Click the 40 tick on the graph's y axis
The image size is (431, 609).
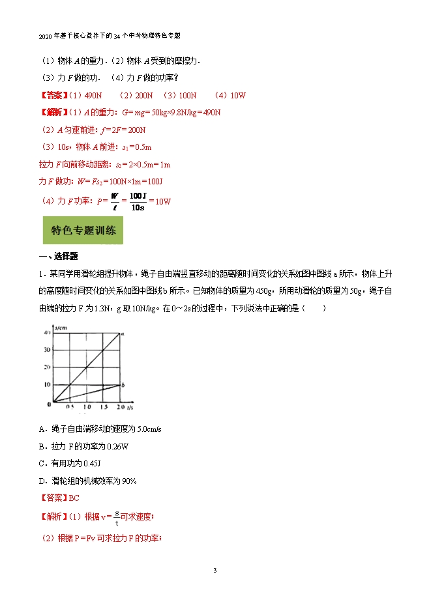(47, 333)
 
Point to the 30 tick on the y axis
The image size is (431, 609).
(47, 350)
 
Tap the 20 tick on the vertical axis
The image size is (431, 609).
(47, 367)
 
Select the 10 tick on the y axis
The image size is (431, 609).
(47, 384)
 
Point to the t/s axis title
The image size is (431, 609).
(130, 407)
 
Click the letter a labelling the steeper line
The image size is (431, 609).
(123, 333)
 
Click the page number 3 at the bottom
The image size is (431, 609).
(215, 571)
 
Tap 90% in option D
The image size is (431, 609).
(127, 481)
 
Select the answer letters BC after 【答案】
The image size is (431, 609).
(74, 498)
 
